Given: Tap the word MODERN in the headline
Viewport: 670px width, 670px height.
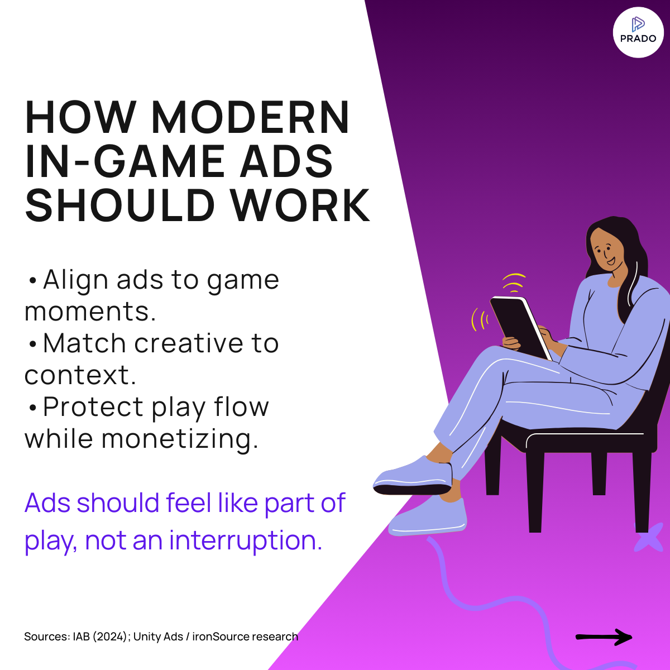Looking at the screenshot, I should (250, 117).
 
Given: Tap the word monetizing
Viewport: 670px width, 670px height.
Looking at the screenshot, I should (180, 439).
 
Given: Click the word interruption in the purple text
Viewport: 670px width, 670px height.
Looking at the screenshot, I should (246, 540).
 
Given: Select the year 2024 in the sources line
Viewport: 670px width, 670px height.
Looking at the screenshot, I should (110, 636).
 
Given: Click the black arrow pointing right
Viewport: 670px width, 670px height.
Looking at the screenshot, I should (604, 636).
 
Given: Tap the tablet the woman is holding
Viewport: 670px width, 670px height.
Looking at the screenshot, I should (519, 327).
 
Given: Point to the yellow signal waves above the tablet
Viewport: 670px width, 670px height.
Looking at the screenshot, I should (513, 283).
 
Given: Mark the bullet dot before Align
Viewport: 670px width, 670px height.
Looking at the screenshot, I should (32, 280).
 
